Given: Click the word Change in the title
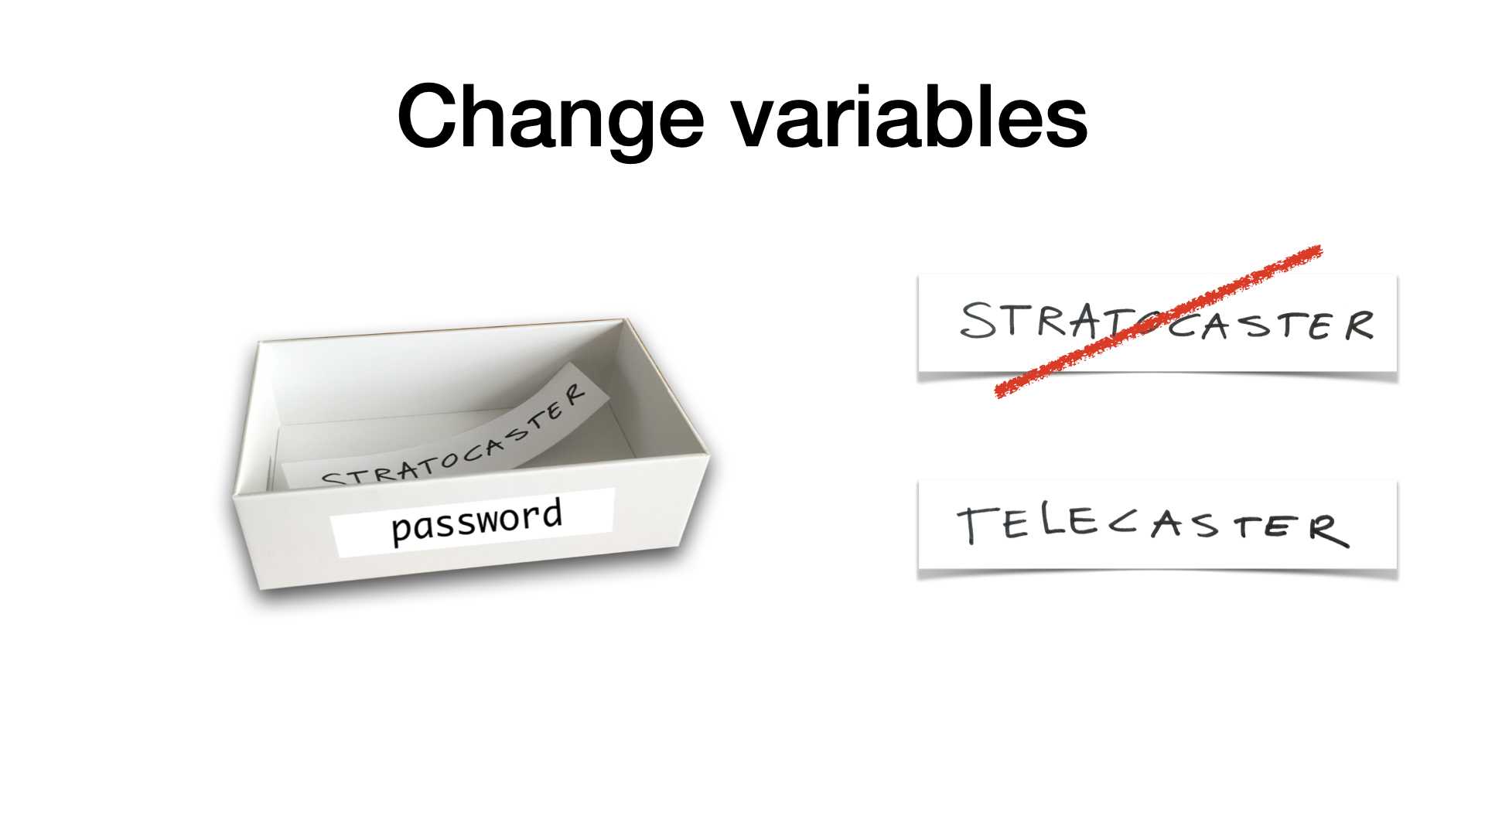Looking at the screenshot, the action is click(x=550, y=119).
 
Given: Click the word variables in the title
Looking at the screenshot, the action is click(x=910, y=116).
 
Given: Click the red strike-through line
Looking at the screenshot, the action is click(x=1158, y=322).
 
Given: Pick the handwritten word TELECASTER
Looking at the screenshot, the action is click(x=1152, y=526).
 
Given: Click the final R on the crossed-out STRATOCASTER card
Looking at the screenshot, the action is click(x=1358, y=325).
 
